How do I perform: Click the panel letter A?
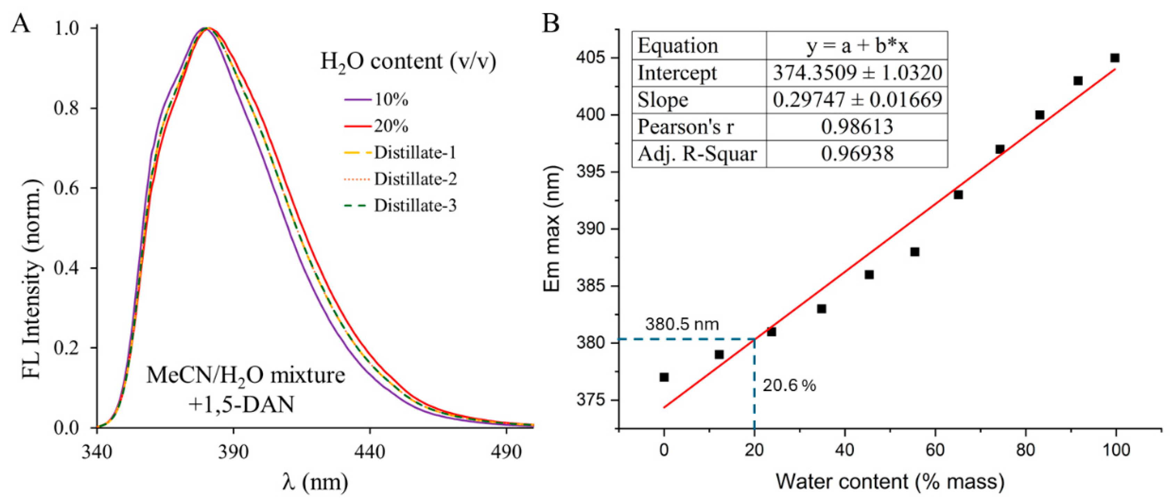[21, 24]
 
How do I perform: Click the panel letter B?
[551, 24]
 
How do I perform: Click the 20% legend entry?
[390, 126]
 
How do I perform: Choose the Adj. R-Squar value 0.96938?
[857, 154]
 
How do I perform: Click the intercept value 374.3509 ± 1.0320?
[857, 73]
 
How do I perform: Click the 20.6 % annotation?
[789, 386]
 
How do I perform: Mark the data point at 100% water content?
[1114, 58]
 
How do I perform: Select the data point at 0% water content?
[664, 377]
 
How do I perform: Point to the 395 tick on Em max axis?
[591, 172]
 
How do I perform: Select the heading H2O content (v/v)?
[408, 61]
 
